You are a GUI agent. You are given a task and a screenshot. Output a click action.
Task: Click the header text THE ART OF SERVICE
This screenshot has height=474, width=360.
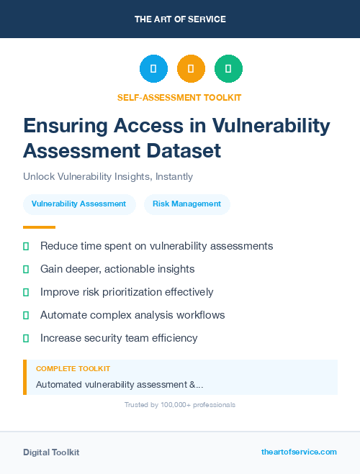(180, 19)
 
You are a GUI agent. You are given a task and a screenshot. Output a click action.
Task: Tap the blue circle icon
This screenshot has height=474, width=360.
(153, 69)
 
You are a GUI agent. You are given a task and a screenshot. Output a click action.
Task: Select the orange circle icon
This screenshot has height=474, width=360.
(191, 69)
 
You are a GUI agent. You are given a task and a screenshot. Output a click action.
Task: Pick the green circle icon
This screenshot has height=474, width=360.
(228, 69)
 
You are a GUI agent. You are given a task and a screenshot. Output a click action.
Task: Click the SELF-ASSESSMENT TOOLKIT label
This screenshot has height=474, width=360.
(180, 97)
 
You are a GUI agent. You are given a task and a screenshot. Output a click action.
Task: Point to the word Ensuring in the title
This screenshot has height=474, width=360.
(66, 126)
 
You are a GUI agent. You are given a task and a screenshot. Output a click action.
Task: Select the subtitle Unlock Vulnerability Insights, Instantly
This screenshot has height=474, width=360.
(108, 176)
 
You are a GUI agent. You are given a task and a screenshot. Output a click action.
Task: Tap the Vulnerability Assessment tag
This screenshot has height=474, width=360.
(79, 204)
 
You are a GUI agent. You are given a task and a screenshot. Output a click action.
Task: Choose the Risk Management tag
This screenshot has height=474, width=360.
(186, 204)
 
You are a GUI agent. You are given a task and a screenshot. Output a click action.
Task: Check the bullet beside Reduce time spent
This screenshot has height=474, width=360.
(26, 246)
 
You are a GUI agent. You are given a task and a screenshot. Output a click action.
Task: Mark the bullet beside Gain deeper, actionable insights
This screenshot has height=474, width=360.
(26, 269)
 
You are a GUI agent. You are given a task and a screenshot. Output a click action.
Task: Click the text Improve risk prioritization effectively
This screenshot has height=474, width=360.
(127, 292)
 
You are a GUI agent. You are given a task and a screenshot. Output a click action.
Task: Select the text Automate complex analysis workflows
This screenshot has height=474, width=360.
(132, 315)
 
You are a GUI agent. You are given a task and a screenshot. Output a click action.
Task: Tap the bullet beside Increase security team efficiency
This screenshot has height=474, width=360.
(26, 338)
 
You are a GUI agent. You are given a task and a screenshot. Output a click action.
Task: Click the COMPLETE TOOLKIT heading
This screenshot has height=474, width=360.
(73, 368)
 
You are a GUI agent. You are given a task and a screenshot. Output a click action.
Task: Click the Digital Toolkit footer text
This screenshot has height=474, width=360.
(51, 452)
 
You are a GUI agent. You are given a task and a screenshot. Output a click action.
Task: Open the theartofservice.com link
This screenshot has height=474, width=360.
(299, 452)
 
